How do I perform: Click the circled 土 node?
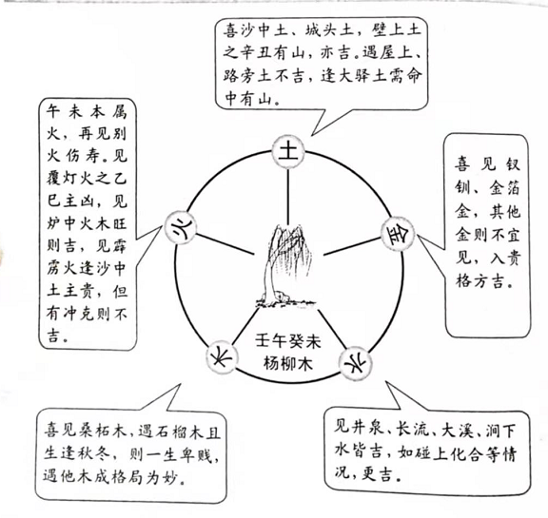[x=288, y=152]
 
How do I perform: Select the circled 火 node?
[x=181, y=227]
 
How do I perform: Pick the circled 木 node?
[x=221, y=357]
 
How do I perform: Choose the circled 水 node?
[x=356, y=363]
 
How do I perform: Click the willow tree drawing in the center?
[x=285, y=266]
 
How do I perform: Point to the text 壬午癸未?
[x=288, y=341]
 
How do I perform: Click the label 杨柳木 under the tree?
[x=287, y=364]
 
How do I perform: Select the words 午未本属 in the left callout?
[x=87, y=112]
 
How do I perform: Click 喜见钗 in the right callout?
[x=487, y=164]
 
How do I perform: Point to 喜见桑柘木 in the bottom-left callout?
[x=85, y=432]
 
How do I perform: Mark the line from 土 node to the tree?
[x=288, y=197]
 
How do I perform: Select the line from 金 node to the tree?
[x=352, y=247]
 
